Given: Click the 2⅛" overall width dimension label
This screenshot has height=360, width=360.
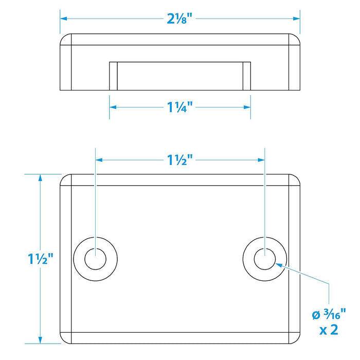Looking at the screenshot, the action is tap(179, 19).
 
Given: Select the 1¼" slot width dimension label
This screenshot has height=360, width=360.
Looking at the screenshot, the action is tap(179, 107).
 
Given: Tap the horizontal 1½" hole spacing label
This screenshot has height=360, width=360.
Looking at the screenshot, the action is tap(179, 160).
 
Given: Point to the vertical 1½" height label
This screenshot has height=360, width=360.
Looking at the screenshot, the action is tap(41, 259).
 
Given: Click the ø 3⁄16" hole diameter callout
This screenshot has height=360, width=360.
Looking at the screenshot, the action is tap(329, 314).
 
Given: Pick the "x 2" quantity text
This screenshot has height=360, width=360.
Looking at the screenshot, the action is tap(329, 330).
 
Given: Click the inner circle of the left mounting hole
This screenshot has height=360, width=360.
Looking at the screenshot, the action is tap(95, 259).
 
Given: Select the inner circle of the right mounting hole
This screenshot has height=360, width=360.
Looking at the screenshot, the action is tap(265, 259).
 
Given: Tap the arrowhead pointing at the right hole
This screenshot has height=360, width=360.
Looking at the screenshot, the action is tap(279, 265).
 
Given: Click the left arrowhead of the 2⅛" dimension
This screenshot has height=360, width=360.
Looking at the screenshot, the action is tap(63, 19).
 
